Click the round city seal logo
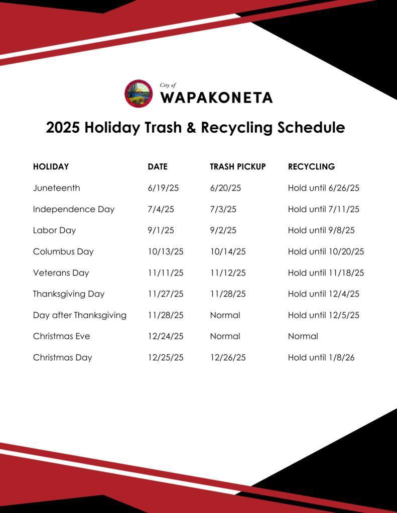[x=138, y=94]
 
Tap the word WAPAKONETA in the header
[x=216, y=97]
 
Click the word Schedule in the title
[x=310, y=128]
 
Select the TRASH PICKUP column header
[x=237, y=167]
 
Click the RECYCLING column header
[x=311, y=167]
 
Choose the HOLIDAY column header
[x=51, y=167]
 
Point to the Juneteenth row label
[x=56, y=188]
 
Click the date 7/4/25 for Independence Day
[x=161, y=209]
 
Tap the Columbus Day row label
[x=63, y=251]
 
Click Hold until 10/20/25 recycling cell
[x=326, y=251]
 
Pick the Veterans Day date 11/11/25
[x=165, y=273]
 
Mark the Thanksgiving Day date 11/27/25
[x=165, y=294]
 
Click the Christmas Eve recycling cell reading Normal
[x=303, y=336]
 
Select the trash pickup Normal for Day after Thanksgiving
[x=225, y=315]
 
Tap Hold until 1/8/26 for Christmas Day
[x=321, y=358]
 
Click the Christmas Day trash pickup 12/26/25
[x=227, y=358]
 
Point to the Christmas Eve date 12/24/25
[x=165, y=336]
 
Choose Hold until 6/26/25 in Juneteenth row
[x=323, y=188]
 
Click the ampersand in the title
[x=191, y=128]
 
